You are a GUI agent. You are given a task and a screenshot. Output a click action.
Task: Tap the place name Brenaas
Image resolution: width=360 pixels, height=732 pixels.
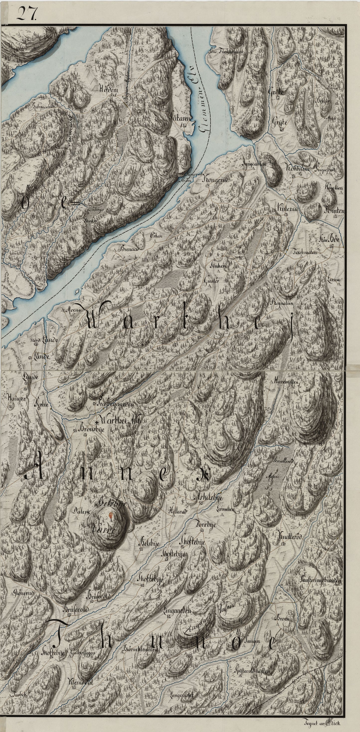pos(129,248)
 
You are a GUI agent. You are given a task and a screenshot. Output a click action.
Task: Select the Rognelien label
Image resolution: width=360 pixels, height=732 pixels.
pos(283,303)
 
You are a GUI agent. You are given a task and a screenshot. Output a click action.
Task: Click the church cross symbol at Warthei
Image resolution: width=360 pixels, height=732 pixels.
pos(97,422)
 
